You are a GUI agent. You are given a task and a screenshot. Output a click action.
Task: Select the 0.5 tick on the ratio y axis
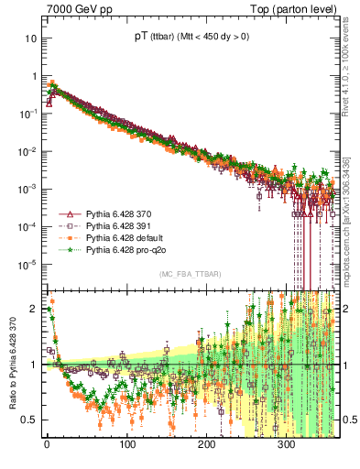coord(31,420)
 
